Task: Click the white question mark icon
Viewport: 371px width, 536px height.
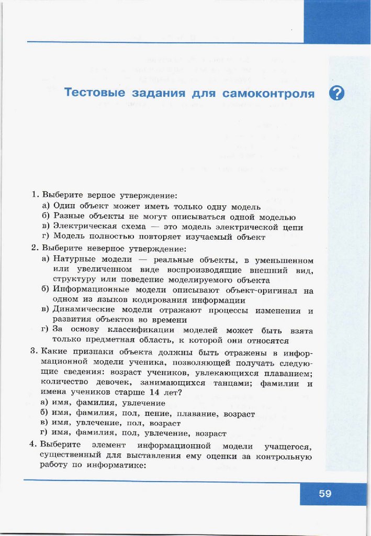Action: coord(337,93)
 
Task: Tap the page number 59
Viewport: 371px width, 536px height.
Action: coord(325,493)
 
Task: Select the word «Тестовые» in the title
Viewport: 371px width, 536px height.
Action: coord(94,93)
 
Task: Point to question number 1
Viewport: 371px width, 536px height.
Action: coord(35,195)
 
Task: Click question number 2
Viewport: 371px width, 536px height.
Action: coord(34,248)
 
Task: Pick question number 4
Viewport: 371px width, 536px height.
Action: coord(34,445)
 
